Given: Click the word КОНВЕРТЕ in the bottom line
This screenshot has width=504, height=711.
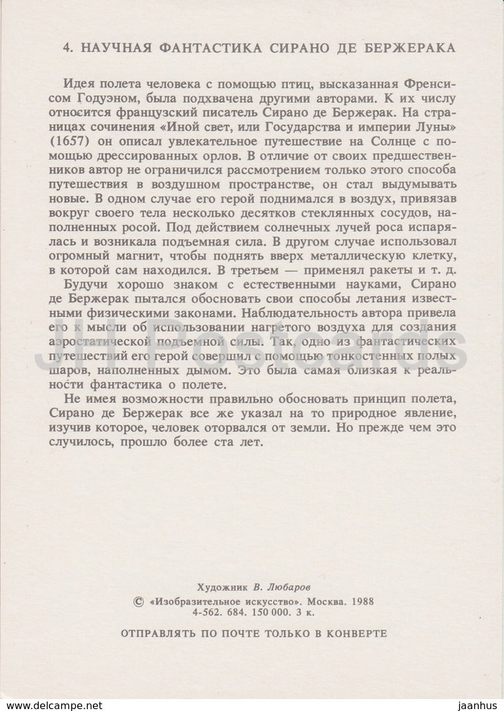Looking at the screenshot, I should [x=357, y=632].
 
